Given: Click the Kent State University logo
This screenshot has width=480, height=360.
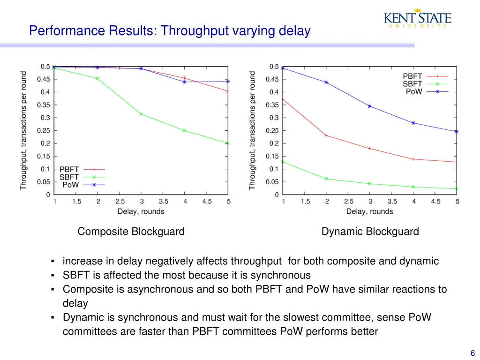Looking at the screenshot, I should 417,18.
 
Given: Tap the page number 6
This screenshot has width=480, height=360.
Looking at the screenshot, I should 472,354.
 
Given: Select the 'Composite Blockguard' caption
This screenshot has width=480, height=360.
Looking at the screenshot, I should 131,232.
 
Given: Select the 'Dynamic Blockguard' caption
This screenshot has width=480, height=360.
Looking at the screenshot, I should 370,232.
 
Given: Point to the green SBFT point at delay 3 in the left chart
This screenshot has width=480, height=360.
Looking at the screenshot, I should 141,114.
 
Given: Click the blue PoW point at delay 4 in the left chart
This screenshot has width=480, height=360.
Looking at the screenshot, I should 184,82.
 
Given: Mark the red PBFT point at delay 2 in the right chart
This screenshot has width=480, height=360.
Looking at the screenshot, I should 326,135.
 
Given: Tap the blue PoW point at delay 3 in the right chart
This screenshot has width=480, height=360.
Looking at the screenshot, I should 370,106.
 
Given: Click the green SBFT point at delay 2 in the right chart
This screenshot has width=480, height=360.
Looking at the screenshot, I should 326,179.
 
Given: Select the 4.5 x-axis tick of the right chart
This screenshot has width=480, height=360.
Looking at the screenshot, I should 435,202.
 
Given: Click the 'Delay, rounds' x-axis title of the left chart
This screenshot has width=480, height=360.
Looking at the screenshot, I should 141,211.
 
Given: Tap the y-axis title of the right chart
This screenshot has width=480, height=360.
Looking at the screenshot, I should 252,131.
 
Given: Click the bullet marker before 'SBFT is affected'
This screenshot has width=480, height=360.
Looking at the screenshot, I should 54,276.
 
